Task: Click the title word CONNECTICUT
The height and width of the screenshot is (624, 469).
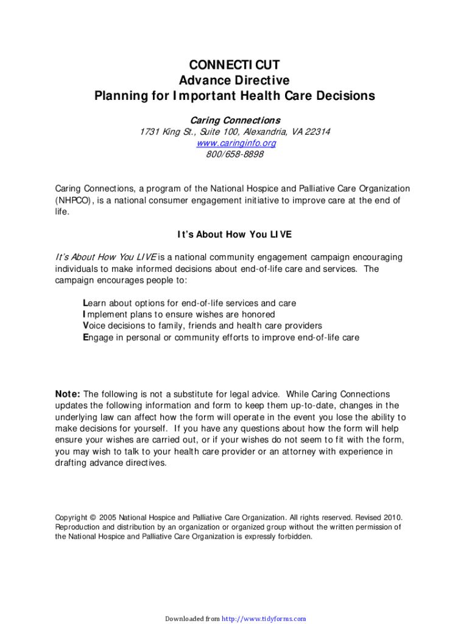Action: pos(234,65)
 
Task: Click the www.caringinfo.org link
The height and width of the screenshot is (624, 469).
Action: pos(236,143)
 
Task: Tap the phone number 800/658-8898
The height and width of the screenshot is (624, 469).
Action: pos(235,154)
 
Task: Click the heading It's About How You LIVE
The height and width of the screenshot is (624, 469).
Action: pos(234,235)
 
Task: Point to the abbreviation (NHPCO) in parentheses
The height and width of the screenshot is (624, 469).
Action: pos(75,200)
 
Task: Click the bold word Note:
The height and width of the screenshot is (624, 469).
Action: pos(68,394)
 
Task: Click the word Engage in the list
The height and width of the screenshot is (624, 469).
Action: pos(97,337)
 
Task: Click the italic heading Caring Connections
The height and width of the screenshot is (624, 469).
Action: pos(235,120)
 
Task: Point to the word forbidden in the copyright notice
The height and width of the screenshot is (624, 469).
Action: pos(295,537)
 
